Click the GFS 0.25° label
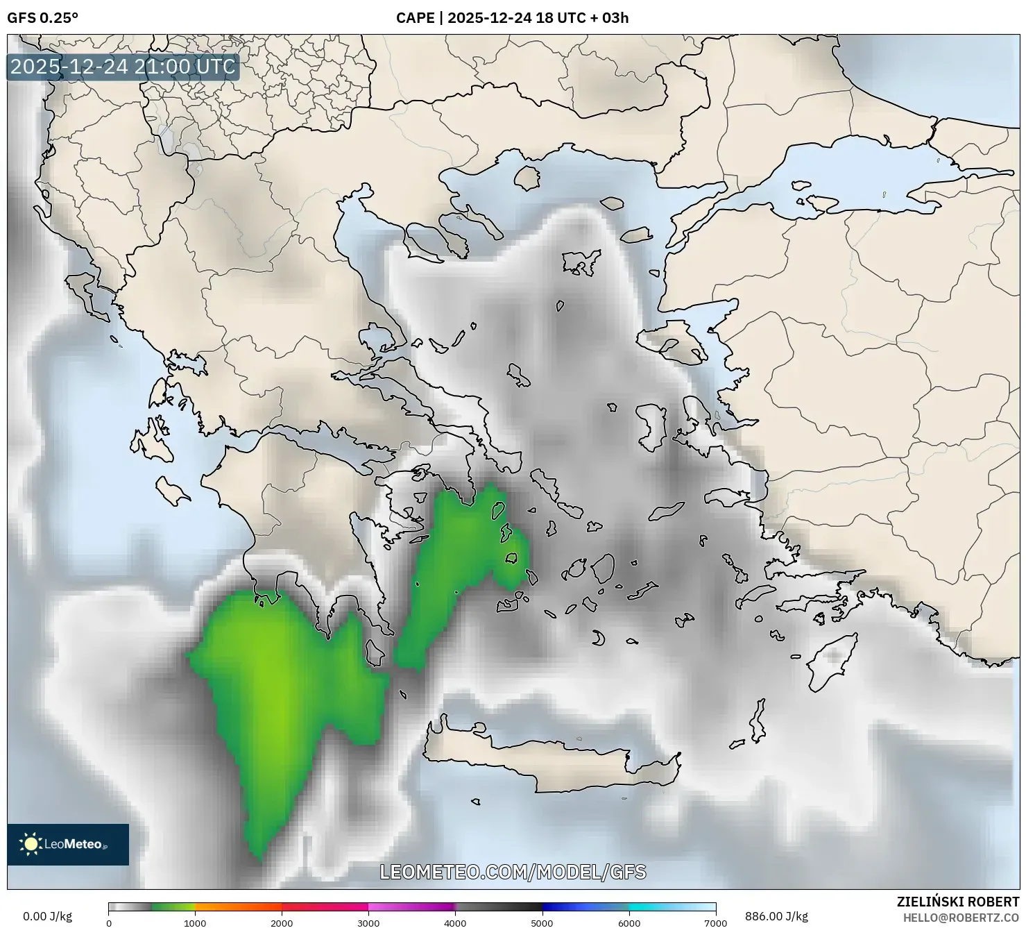(42, 18)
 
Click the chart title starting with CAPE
(512, 18)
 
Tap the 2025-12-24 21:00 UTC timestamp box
(123, 67)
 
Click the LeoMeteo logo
(68, 844)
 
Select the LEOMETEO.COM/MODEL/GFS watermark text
(513, 872)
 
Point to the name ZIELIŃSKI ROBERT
(957, 902)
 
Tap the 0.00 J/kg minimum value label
(48, 916)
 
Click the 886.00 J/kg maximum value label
(776, 916)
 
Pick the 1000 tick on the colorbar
(195, 923)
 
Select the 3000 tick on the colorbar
(368, 923)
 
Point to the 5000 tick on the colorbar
(542, 923)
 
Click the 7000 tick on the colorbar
(715, 923)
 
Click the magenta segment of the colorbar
(409, 906)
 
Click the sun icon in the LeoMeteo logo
(31, 844)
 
